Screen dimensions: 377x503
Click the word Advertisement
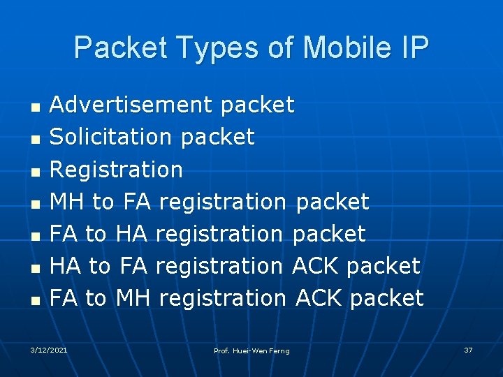click(x=131, y=105)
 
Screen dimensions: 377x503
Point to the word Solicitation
click(x=112, y=137)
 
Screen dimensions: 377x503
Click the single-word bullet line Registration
click(x=116, y=170)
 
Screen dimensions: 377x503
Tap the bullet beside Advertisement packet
click(x=33, y=108)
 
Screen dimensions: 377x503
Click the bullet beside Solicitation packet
click(x=33, y=140)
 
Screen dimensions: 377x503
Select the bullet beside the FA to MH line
click(x=33, y=300)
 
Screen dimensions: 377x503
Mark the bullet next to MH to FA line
click(x=33, y=204)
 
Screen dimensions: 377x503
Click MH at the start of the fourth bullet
click(x=67, y=202)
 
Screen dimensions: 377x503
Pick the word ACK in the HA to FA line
click(x=316, y=266)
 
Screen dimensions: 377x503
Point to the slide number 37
click(x=468, y=349)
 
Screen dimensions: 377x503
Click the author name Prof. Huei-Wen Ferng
click(x=251, y=350)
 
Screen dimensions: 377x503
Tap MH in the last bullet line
click(x=133, y=298)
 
